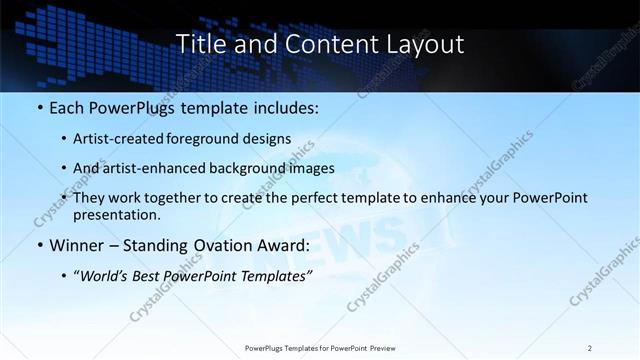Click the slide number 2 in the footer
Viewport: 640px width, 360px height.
coord(590,348)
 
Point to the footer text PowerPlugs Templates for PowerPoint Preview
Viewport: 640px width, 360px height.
coord(320,348)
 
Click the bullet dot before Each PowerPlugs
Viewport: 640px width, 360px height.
coord(39,106)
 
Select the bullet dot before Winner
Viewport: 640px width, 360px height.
coord(39,245)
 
